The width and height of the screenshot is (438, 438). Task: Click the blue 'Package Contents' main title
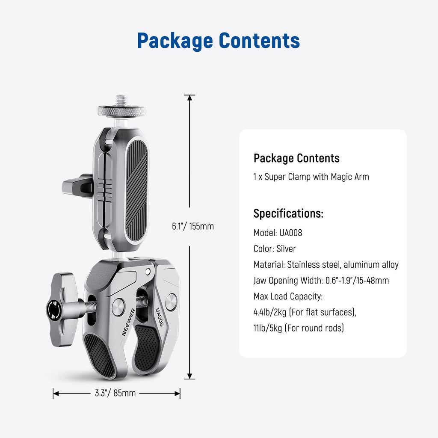[x=219, y=41]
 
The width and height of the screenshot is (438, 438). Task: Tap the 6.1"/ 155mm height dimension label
[x=193, y=226]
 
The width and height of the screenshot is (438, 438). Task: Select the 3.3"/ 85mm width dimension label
[x=115, y=393]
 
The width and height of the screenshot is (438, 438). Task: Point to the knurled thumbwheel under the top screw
[x=121, y=112]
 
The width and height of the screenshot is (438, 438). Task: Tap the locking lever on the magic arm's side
[x=78, y=186]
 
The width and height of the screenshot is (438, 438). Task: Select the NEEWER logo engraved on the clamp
[x=128, y=322]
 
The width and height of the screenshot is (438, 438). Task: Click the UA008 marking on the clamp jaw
[x=160, y=317]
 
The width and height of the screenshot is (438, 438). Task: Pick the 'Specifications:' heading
[x=288, y=214]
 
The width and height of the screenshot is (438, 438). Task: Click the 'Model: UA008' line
[x=278, y=233]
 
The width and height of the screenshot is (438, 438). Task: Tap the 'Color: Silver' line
[x=275, y=249]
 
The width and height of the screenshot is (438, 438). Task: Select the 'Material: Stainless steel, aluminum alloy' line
[x=326, y=264]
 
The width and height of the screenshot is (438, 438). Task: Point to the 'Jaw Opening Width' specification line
[x=321, y=281]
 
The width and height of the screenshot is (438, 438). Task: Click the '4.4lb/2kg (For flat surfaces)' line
[x=305, y=312]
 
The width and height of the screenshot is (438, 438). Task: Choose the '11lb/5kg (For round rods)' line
[x=299, y=328]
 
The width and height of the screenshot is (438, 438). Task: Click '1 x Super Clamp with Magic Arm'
[x=311, y=177]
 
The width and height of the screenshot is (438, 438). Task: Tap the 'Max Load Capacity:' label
[x=288, y=296]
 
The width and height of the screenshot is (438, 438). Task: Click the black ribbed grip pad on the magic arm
[x=136, y=190]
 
